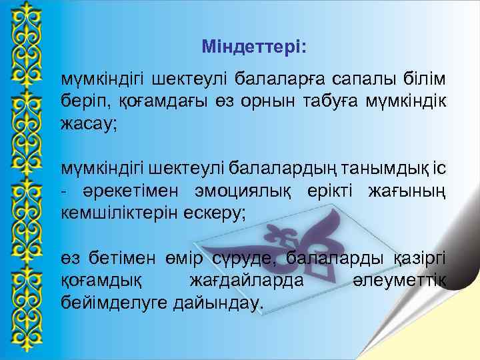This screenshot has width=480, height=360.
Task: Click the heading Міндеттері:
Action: tap(254, 48)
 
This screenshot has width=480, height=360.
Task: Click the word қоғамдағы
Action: tap(151, 103)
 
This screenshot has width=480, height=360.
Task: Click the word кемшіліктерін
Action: tap(120, 213)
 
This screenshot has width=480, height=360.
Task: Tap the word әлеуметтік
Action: tap(399, 281)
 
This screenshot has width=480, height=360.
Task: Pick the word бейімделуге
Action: tap(113, 303)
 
